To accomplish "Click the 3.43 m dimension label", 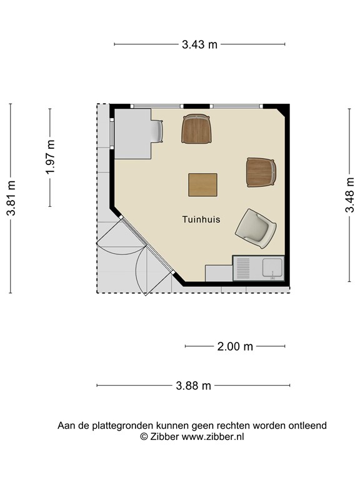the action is tap(199, 45).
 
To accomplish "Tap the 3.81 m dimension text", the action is tap(12, 198).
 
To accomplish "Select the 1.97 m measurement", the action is tap(51, 157).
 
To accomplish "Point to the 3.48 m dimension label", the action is tap(349, 195).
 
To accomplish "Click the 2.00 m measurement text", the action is tap(235, 346).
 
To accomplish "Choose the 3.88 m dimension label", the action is tap(194, 386).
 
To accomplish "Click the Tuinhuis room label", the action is tap(201, 219).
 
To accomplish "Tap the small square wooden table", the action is tap(202, 185).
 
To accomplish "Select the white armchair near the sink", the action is tap(256, 228).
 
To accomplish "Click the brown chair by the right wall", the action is tap(261, 172).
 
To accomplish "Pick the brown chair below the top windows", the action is tap(196, 129).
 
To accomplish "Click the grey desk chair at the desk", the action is tap(157, 131).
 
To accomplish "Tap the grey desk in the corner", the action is tap(133, 134).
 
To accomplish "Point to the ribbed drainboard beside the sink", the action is tap(243, 268).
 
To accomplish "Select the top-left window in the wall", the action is tap(157, 106).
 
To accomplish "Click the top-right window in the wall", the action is tap(236, 106).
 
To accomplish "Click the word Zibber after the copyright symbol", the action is tap(164, 436).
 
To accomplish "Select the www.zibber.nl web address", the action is tap(212, 436).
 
